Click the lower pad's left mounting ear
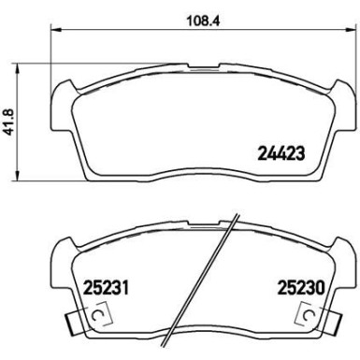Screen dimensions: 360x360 pyautogui.click(x=58, y=252)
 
